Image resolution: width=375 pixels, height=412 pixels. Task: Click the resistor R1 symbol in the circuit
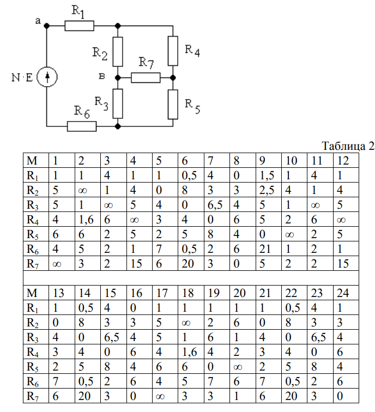(x=79, y=25)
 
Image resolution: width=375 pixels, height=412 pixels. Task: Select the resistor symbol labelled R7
(x=146, y=78)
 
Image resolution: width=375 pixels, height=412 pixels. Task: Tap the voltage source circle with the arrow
(x=47, y=78)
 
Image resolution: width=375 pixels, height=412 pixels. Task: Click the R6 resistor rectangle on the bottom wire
(x=82, y=126)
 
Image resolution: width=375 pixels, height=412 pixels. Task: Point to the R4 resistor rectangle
(x=173, y=50)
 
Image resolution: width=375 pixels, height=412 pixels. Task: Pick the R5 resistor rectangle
(x=173, y=104)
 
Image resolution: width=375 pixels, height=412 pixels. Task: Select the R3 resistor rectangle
(x=118, y=103)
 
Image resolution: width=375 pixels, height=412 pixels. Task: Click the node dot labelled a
(x=47, y=25)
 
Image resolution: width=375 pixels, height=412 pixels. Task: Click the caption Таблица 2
(x=348, y=147)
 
